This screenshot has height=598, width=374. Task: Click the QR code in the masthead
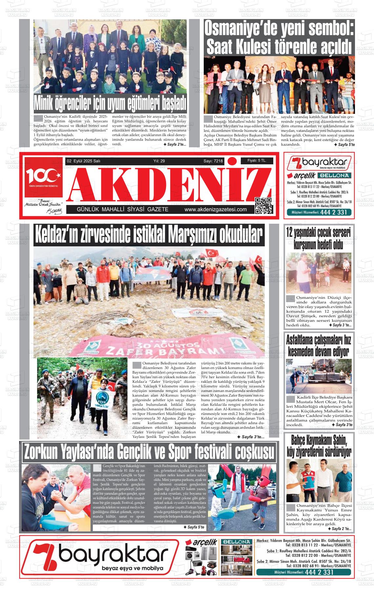(x=263, y=205)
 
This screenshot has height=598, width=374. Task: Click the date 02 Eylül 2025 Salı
(x=84, y=161)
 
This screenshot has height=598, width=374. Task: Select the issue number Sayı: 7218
(x=213, y=161)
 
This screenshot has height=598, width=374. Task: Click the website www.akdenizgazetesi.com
(x=216, y=210)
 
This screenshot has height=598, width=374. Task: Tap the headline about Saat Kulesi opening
(x=279, y=38)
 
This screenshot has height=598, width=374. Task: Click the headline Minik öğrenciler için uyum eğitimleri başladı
(x=110, y=103)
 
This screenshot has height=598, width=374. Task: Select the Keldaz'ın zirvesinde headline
(x=149, y=235)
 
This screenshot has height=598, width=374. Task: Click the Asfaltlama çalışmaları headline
(x=319, y=345)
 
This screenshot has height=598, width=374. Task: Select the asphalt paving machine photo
(x=319, y=376)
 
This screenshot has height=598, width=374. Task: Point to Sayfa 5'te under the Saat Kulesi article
(x=344, y=145)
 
